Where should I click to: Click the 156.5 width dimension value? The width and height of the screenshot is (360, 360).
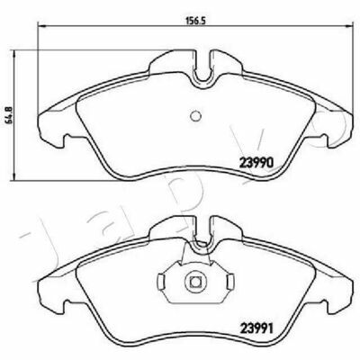point(196,21)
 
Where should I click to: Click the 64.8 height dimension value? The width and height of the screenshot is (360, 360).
point(9,115)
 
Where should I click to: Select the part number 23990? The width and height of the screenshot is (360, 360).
point(256,163)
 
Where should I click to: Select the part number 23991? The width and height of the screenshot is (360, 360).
point(256,329)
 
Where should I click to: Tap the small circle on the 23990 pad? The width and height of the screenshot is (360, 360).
point(195,115)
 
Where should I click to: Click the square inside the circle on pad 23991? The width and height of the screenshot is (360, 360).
point(195,282)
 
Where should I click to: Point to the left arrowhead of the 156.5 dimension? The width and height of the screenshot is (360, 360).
point(41,26)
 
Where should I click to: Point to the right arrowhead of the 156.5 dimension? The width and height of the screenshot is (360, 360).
point(350,26)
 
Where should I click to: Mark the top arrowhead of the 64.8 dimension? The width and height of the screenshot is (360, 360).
point(13,54)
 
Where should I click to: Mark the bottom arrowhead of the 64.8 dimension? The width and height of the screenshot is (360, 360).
point(13,176)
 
